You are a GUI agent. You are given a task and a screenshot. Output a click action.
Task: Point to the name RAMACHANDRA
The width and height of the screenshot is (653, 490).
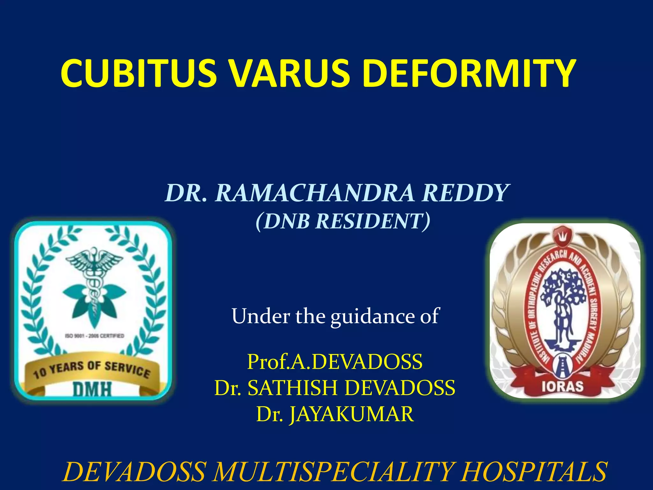click(x=315, y=193)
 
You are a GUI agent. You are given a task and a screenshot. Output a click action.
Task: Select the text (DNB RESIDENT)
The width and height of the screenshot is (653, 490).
click(x=343, y=221)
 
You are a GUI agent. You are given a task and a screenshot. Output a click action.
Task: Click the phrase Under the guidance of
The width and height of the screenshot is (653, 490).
click(x=335, y=316)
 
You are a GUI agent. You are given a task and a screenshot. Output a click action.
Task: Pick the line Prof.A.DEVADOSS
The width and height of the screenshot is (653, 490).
click(x=335, y=362)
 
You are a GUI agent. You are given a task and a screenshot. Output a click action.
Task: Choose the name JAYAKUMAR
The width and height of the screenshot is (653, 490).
click(x=351, y=414)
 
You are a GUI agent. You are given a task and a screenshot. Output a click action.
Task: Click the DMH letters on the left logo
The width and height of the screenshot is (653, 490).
click(x=92, y=389)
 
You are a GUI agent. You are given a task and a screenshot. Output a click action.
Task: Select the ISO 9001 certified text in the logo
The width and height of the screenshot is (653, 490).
click(x=94, y=336)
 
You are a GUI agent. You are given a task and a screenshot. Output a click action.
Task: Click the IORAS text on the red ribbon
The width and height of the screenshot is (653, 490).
click(x=562, y=386)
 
